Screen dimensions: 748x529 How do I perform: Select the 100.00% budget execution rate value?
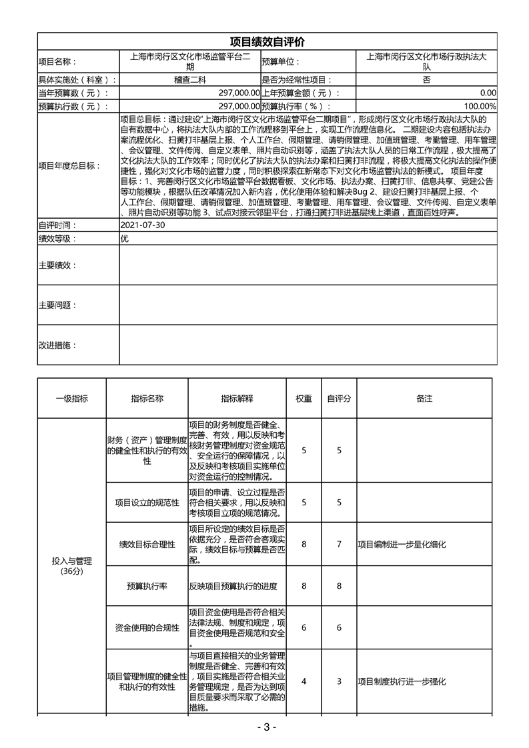[x=480, y=106]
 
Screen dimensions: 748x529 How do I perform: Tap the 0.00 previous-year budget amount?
[x=488, y=93]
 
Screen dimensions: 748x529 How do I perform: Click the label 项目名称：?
[x=59, y=61]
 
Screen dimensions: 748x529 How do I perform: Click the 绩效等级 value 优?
[x=125, y=239]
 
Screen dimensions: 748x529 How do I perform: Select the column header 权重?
[x=304, y=398]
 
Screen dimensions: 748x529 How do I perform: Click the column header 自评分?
[x=339, y=398]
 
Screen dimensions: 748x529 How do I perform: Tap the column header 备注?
[x=424, y=398]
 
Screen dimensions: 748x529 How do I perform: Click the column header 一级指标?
[x=71, y=398]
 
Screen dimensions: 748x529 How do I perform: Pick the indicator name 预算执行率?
[x=147, y=586]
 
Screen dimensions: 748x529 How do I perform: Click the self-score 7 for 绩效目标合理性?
[x=339, y=545]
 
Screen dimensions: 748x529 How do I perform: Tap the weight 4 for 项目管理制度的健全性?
[x=304, y=681]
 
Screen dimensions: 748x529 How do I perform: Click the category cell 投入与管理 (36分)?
[x=71, y=566]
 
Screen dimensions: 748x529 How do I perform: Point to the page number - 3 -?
[x=265, y=727]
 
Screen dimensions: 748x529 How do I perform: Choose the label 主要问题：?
[x=58, y=305]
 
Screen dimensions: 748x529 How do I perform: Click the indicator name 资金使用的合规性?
[x=147, y=627]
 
